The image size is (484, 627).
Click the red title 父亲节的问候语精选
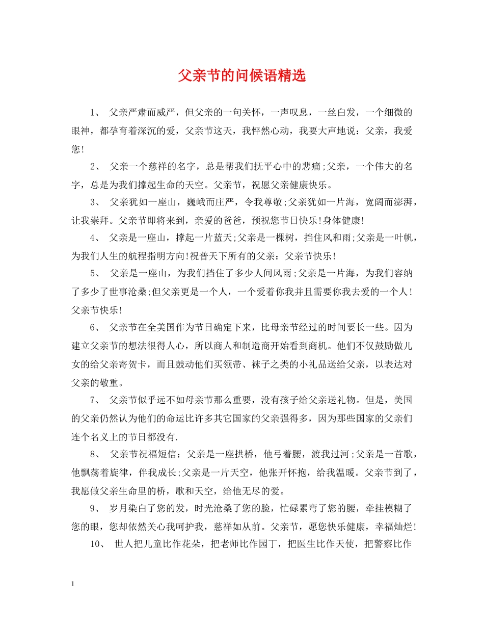(242, 76)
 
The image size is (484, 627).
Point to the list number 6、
(96, 326)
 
